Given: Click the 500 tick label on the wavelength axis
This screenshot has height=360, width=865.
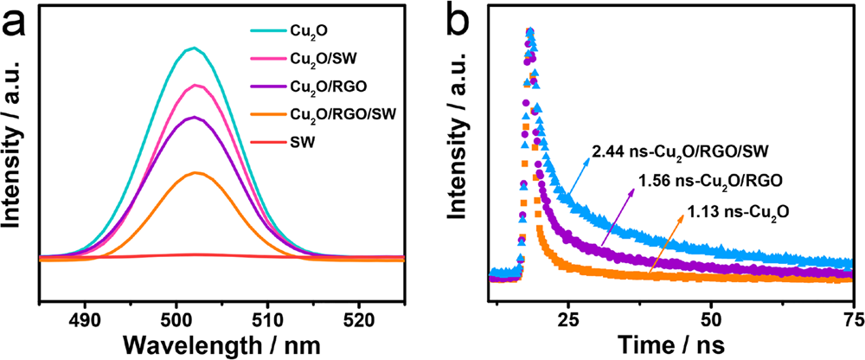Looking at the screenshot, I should (176, 316).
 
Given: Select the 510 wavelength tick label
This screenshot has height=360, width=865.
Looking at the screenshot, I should (267, 316).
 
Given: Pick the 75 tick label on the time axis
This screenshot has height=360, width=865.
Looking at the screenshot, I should (852, 316).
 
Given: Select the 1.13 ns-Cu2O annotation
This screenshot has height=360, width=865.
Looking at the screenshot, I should (740, 210).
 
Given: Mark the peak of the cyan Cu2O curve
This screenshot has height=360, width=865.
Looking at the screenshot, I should (195, 48).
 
